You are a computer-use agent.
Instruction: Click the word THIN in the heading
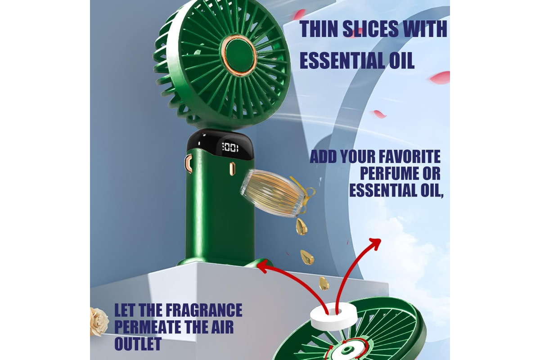click(x=318, y=29)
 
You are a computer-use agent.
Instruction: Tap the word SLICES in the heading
click(x=370, y=29)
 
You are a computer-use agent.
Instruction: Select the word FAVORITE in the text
click(x=410, y=157)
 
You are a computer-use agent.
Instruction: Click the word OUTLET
click(x=138, y=344)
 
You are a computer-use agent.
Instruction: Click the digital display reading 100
click(x=230, y=147)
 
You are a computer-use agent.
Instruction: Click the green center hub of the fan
click(x=239, y=55)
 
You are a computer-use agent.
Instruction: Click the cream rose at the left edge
click(x=99, y=322)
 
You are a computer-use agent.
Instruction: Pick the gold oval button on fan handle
click(x=232, y=169)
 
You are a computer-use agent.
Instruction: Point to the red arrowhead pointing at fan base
click(x=263, y=267)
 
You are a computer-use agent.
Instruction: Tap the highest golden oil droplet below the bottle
click(x=301, y=227)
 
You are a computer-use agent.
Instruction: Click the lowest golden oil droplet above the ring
click(x=324, y=283)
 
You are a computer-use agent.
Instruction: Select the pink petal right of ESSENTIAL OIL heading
click(x=440, y=78)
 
